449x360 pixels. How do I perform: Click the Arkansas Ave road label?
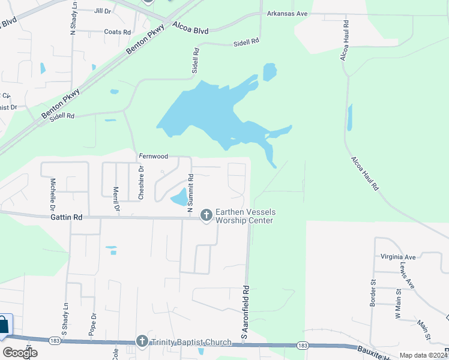[287, 13]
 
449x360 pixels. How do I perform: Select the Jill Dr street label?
[103, 11]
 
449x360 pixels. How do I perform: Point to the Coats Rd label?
[117, 32]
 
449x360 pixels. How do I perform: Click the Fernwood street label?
[153, 156]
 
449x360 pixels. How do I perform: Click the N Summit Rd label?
[190, 193]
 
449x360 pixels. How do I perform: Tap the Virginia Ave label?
[397, 257]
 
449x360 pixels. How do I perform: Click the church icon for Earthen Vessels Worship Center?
[206, 214]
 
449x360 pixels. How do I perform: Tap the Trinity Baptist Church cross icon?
[142, 342]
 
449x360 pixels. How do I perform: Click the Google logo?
[20, 353]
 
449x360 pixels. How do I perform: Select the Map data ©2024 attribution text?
[422, 355]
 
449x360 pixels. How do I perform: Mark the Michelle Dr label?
[53, 190]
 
